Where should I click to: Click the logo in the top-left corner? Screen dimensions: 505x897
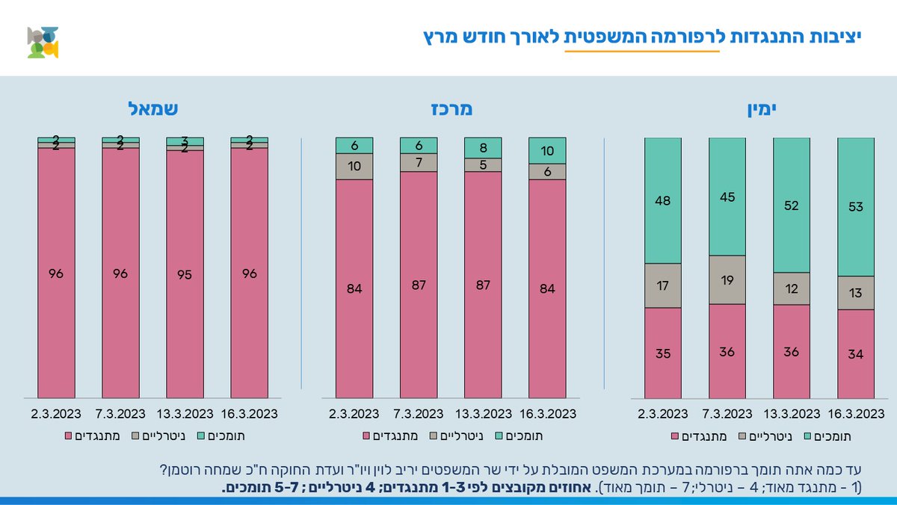pos(43,43)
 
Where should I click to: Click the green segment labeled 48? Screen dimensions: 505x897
pos(662,200)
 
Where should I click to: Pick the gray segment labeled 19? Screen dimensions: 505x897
pos(727,280)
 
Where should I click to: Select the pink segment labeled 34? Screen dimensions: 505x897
pos(856,354)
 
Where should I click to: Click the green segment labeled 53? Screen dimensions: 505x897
pos(856,207)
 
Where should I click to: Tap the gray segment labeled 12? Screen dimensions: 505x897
pos(792,288)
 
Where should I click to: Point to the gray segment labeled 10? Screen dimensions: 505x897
pos(354,167)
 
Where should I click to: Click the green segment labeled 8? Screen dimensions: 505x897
pos(483,147)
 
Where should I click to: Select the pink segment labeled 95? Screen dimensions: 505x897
pos(185,274)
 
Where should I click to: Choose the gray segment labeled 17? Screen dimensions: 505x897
pos(662,285)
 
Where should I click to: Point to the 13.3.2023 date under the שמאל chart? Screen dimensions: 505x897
pos(185,413)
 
